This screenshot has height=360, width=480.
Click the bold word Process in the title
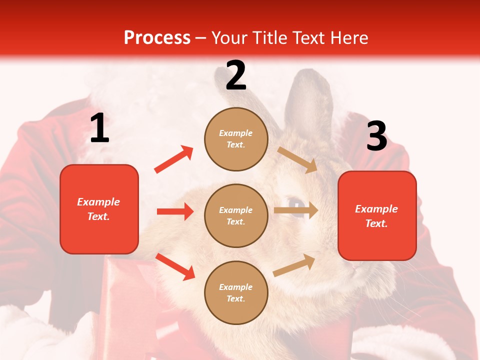[x=157, y=38]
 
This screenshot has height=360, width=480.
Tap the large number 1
[x=99, y=128]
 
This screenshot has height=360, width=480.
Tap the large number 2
[x=236, y=75]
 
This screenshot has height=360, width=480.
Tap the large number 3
[x=376, y=136]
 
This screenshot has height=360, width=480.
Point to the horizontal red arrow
[x=175, y=211]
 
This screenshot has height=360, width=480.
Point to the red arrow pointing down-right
[x=175, y=266]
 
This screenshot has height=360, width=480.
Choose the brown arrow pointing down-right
[x=297, y=159]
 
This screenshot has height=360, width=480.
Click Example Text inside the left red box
[x=98, y=209]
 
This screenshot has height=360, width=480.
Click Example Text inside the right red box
[x=376, y=216]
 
